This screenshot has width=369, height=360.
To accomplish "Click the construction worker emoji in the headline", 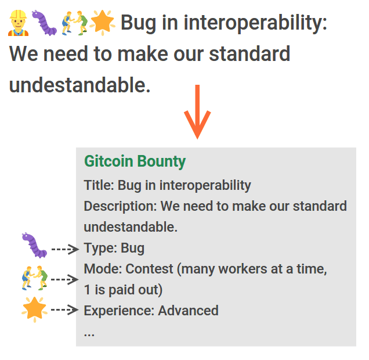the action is (19, 23).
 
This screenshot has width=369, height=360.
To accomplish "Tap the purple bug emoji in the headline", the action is (44, 23).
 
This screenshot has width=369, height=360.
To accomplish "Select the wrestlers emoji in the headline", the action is (75, 23).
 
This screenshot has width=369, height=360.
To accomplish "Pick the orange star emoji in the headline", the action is (102, 23).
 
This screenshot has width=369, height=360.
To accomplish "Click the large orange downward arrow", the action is (197, 112).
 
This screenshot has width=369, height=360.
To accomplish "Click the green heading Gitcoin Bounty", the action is (135, 161).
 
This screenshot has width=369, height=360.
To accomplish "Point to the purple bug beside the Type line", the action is (34, 246).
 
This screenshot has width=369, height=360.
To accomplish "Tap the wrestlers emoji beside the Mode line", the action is (35, 278).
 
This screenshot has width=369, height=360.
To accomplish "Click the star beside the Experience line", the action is (34, 309).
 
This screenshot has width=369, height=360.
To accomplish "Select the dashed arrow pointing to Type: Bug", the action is (65, 249).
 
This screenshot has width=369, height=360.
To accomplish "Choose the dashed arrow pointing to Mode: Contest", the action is (65, 279).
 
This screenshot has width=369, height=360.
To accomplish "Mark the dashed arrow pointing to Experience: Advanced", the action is (65, 309).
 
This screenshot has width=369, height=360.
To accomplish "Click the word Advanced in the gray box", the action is (188, 310).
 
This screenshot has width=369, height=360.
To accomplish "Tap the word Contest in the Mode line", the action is (149, 269).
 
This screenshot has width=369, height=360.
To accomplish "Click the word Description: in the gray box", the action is (121, 207).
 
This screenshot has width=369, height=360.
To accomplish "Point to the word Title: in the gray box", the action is (99, 185).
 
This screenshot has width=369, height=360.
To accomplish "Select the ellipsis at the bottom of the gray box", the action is (89, 334).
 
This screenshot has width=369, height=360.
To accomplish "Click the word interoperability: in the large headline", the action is (255, 23).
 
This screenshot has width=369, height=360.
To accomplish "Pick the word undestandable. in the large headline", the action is (80, 85).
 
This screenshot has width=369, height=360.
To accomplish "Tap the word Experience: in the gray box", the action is (119, 311).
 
